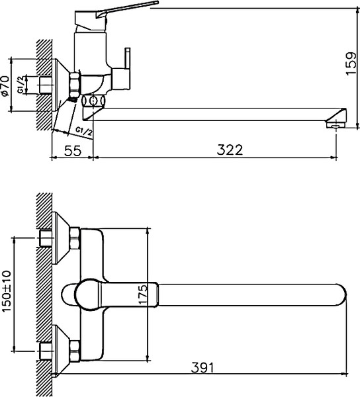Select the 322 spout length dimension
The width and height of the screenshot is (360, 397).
point(228,150)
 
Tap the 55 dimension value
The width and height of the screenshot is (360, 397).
point(73,150)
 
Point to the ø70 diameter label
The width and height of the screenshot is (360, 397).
point(5,86)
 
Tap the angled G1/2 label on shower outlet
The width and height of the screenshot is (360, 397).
point(83,129)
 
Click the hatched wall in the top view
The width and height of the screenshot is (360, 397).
point(45,291)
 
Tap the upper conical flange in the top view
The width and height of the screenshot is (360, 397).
point(65,237)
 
